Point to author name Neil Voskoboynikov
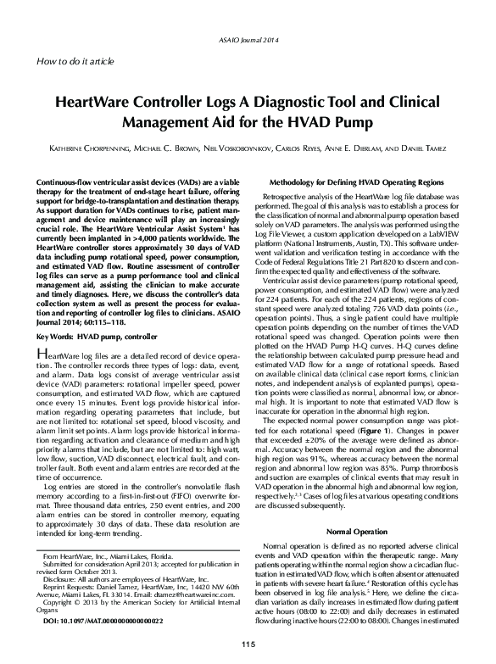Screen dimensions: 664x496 tap(241, 148)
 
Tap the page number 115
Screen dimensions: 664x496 tap(248, 647)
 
